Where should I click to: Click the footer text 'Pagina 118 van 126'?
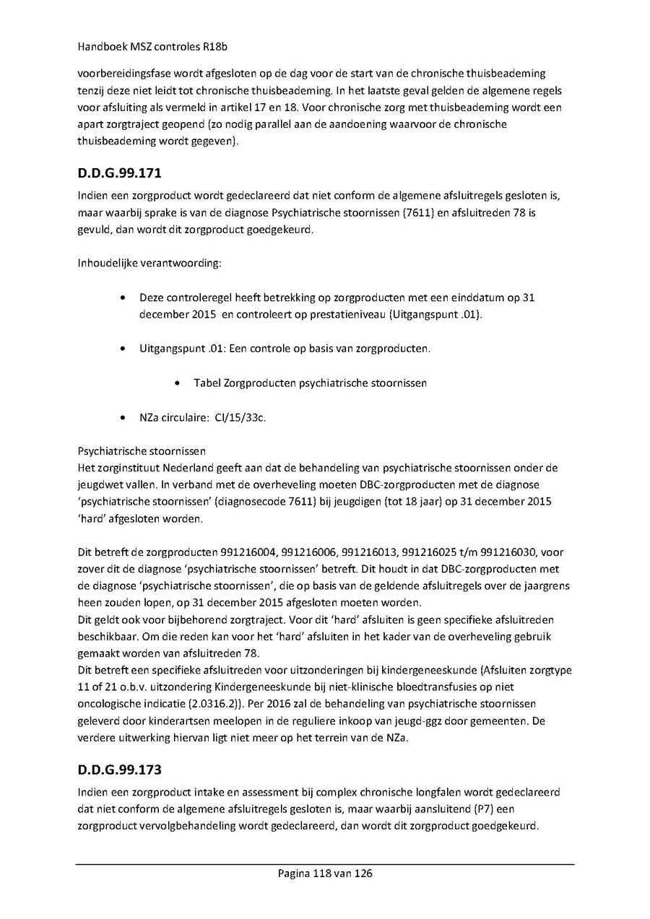325,873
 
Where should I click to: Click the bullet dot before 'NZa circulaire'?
126,417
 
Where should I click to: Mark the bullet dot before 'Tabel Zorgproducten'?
178,383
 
